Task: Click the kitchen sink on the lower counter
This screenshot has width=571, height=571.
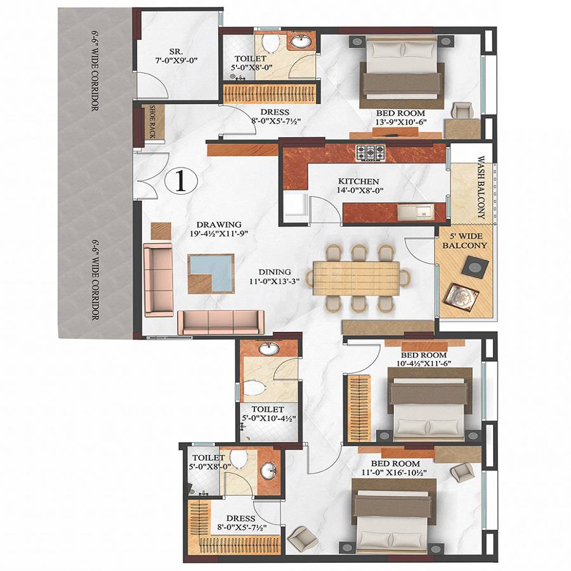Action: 421,211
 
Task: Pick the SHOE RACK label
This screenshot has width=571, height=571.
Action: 152,122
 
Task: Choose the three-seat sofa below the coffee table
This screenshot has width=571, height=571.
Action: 220,322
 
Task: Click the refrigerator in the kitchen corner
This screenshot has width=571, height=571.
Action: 296,207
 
